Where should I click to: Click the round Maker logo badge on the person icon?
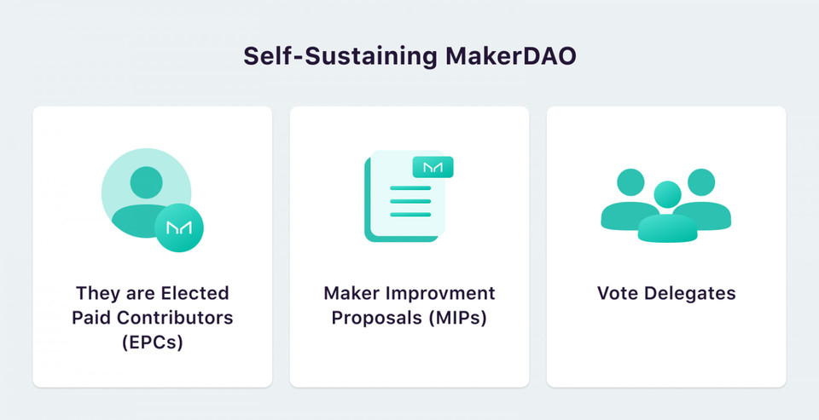(x=179, y=228)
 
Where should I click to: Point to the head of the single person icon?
(x=147, y=181)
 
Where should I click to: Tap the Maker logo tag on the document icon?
(x=433, y=167)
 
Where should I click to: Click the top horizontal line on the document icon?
(x=410, y=188)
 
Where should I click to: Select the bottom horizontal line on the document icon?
(x=410, y=213)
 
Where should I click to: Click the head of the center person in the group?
(x=667, y=195)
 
